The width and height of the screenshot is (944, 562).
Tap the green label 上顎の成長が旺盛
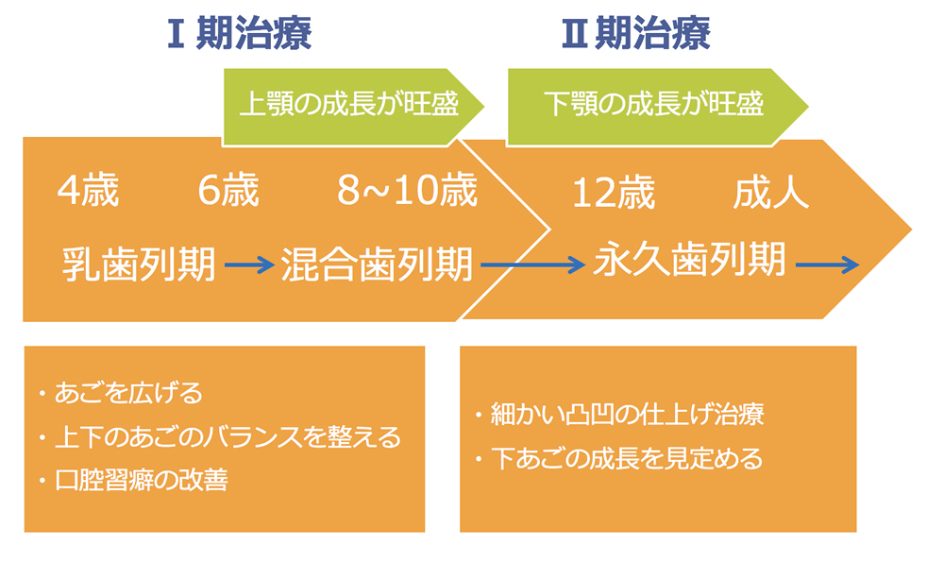click(x=348, y=104)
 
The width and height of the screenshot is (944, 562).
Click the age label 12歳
click(x=613, y=194)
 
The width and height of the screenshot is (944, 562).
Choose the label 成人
click(x=770, y=194)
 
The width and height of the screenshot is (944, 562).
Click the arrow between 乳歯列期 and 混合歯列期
click(x=248, y=266)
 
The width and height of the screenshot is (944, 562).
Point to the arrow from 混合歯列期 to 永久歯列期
click(x=532, y=266)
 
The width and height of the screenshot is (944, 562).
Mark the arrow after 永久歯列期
click(x=827, y=265)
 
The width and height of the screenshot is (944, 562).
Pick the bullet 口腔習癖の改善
click(x=141, y=480)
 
